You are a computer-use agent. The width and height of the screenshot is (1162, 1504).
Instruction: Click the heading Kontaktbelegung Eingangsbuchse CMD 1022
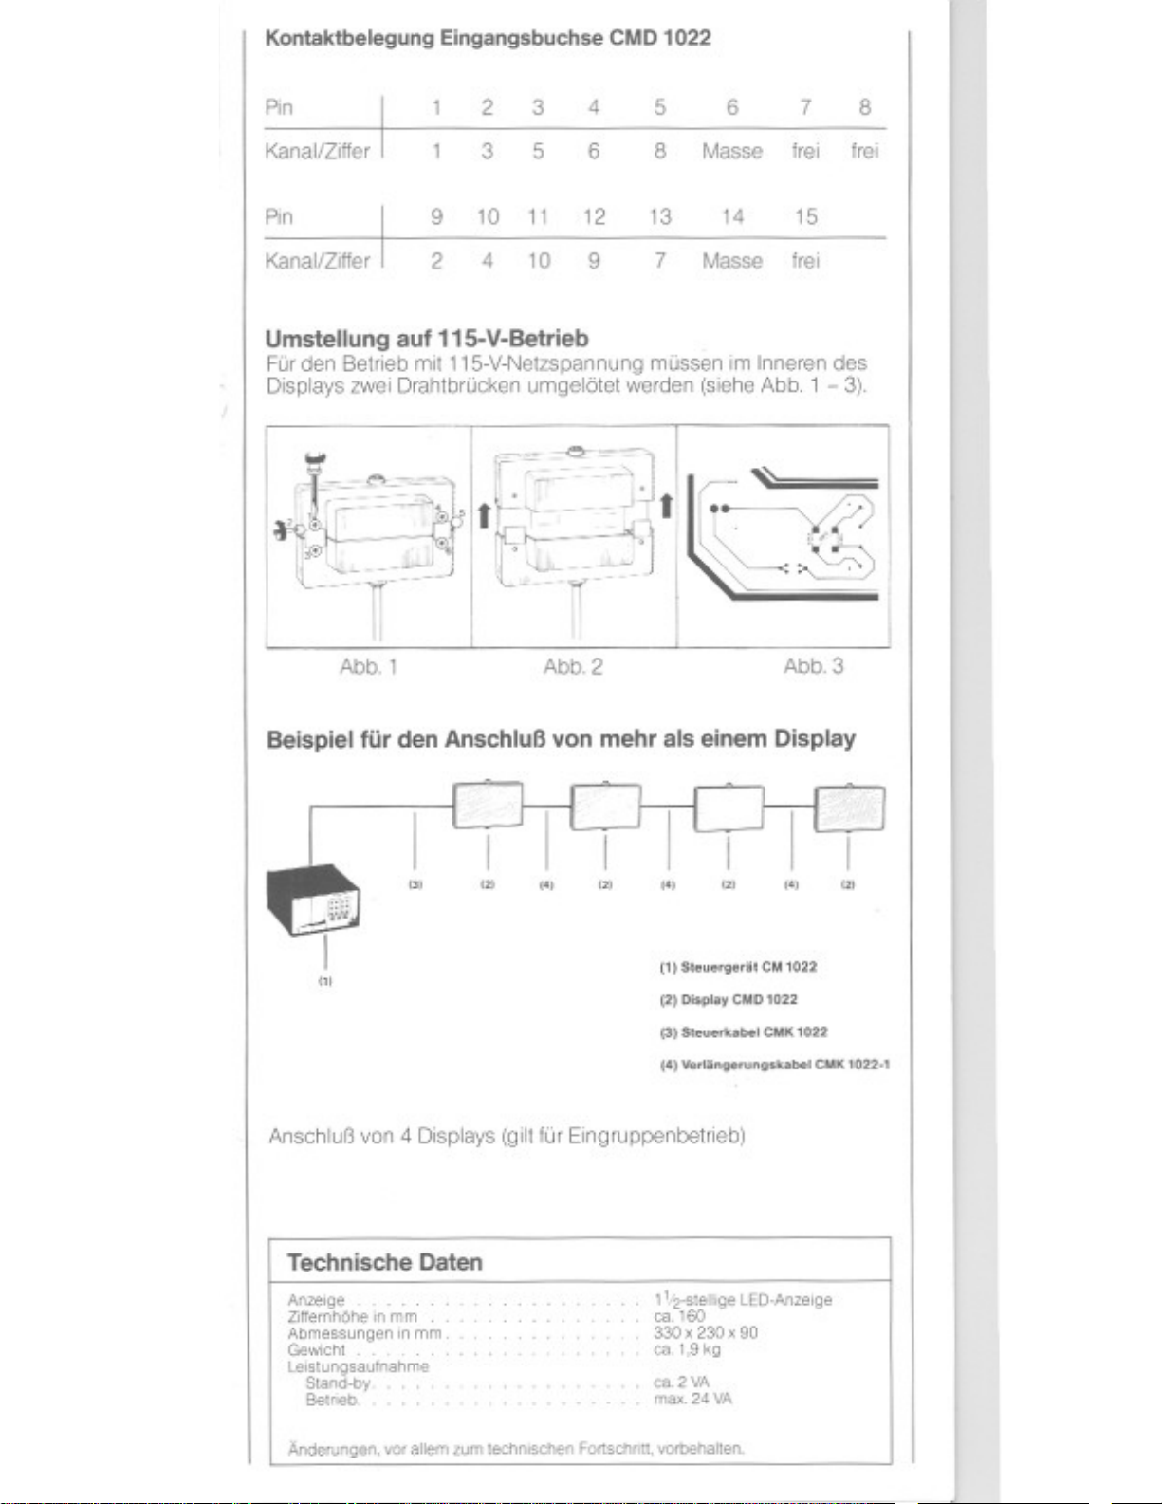click(x=488, y=39)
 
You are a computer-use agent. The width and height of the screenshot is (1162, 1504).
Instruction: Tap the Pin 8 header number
click(x=864, y=107)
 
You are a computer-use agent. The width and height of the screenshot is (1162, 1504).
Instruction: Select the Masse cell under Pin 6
click(x=731, y=152)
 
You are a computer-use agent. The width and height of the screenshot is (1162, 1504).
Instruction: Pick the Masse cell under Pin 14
click(x=731, y=261)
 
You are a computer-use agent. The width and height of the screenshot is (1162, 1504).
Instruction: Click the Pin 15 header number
click(x=805, y=217)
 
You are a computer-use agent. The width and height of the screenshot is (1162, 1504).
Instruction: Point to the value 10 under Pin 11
click(x=538, y=261)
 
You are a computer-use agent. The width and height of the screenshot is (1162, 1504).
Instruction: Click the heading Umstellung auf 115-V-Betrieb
click(x=427, y=339)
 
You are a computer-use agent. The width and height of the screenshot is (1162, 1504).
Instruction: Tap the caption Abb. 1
click(x=368, y=667)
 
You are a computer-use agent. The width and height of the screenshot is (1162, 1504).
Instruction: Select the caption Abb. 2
click(x=573, y=667)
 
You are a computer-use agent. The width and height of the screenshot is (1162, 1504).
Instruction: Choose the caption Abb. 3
click(x=813, y=667)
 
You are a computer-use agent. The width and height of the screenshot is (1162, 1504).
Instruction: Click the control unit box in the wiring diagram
click(x=314, y=901)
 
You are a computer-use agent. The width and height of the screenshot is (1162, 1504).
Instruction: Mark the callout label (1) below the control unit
click(x=325, y=981)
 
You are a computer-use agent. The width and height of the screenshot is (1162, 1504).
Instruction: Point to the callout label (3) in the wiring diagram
click(x=415, y=884)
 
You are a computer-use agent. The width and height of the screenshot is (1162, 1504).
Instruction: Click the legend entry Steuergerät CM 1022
click(x=738, y=967)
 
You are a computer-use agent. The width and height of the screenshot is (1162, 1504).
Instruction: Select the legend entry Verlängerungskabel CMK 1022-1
click(x=774, y=1065)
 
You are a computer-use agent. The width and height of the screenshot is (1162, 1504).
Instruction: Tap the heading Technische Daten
click(x=384, y=1263)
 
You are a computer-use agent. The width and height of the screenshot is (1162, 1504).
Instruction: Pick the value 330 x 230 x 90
click(x=706, y=1333)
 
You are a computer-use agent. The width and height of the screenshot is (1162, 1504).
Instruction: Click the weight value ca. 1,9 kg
click(x=687, y=1349)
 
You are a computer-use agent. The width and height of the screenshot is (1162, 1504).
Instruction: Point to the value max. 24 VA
click(x=692, y=1399)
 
